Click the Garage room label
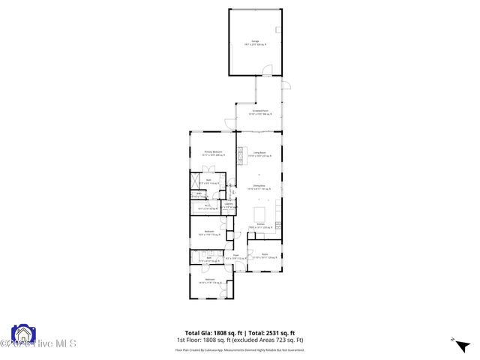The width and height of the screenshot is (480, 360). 254,40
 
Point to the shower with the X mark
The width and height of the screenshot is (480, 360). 196,183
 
